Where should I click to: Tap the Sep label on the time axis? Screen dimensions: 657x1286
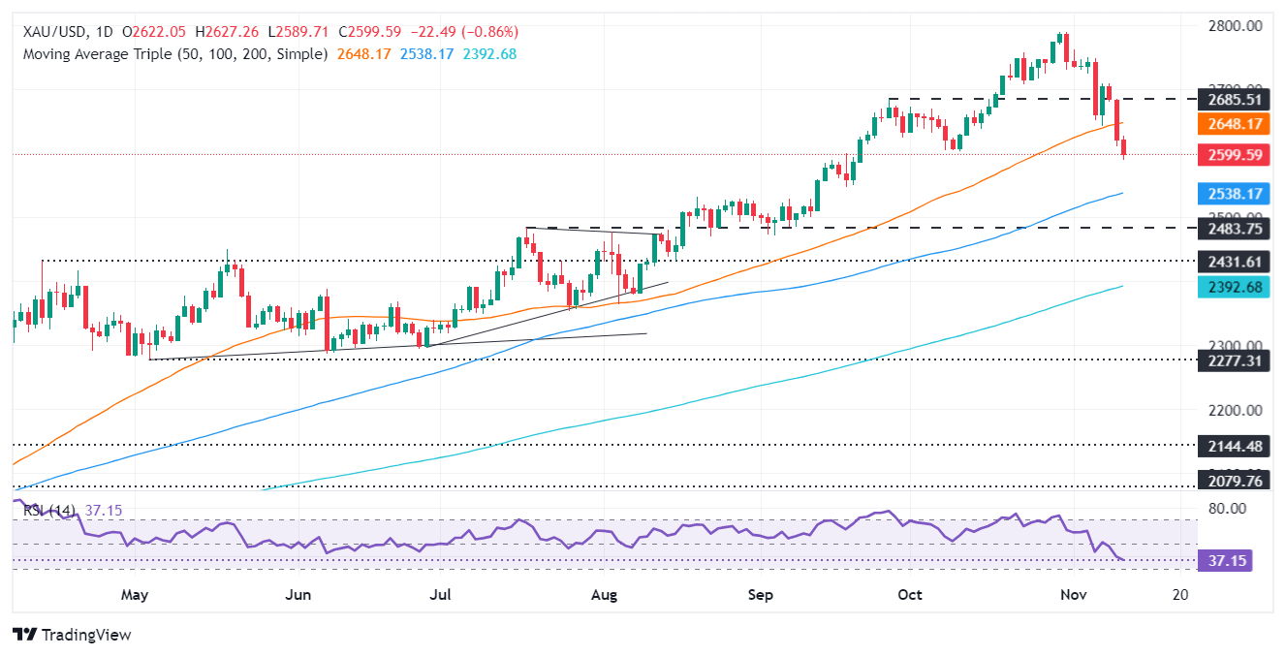pos(761,594)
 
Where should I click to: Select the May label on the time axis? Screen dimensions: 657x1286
pos(134,594)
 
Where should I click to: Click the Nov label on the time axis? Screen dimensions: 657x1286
pos(1060,594)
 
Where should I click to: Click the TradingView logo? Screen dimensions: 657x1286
pos(73,635)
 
